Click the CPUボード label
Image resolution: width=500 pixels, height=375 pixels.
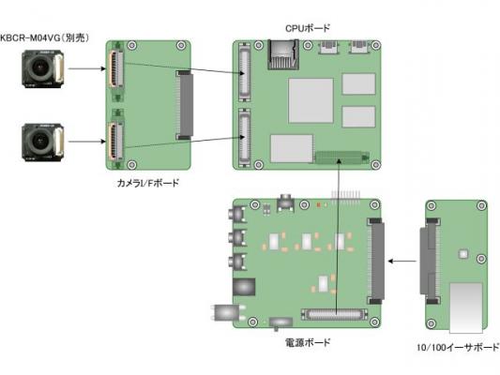coord(307,29)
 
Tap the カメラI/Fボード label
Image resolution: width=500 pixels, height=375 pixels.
coord(148,183)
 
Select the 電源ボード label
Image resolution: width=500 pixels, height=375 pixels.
coord(307,343)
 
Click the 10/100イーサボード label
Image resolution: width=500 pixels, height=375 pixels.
coord(458,347)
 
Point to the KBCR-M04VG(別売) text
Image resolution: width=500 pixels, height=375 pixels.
coord(44,37)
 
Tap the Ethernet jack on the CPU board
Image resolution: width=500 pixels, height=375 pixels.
coord(283,54)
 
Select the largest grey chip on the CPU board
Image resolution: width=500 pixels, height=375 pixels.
coord(311,100)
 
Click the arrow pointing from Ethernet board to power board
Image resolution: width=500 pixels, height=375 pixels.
coord(402,262)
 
